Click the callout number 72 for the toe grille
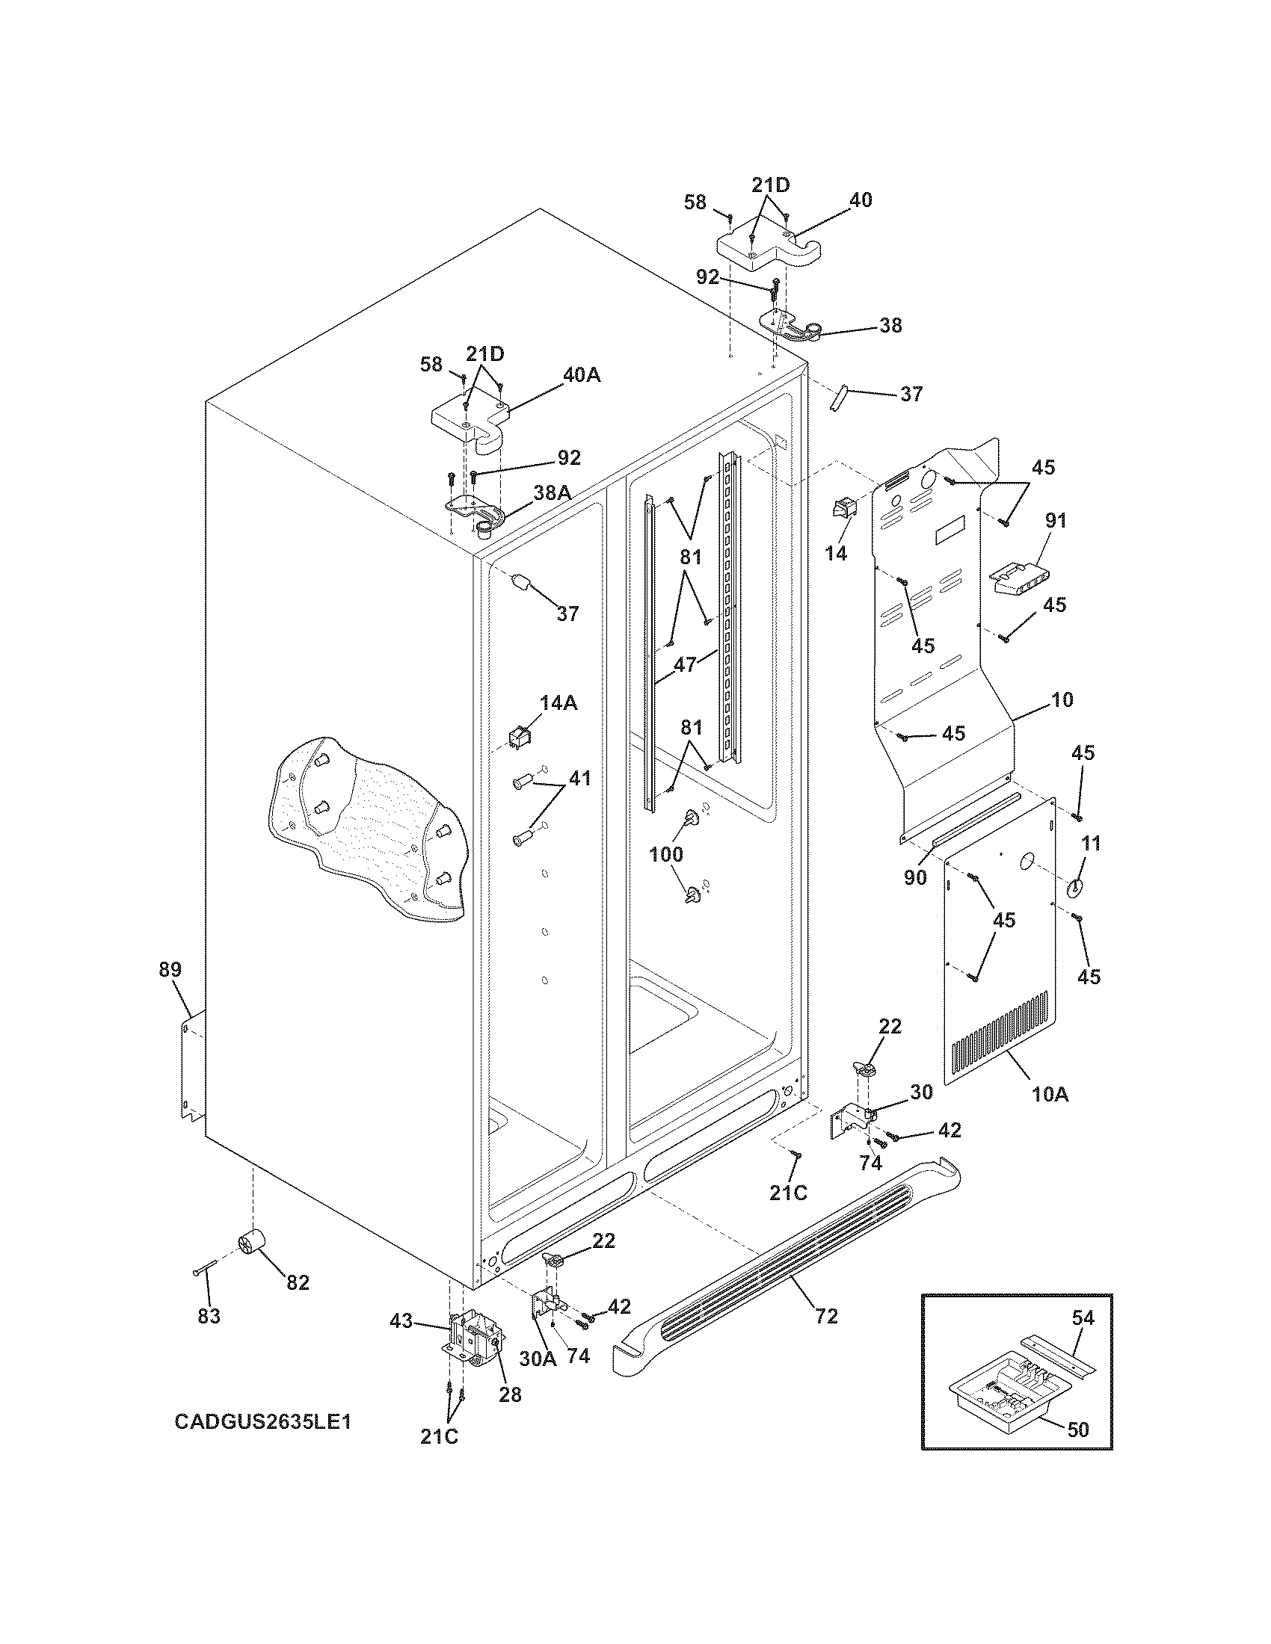point(826,1316)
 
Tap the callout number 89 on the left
point(170,970)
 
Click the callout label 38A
point(552,492)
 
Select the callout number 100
point(666,854)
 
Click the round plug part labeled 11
point(1074,888)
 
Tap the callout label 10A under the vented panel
point(1050,1095)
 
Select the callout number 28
point(510,1395)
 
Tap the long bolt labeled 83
point(204,1269)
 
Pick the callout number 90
point(915,878)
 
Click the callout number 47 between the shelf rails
point(684,664)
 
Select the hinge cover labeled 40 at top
point(768,248)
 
